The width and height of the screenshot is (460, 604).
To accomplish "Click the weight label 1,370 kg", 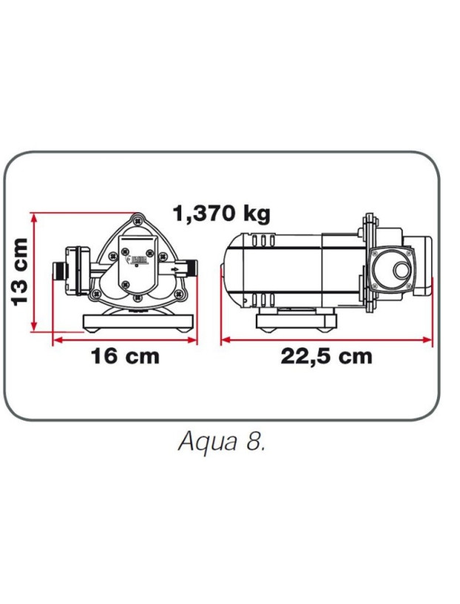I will (x=221, y=214).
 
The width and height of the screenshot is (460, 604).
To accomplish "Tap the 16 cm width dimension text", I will (x=125, y=356).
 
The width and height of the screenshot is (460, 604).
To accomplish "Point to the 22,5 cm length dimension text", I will (x=326, y=356).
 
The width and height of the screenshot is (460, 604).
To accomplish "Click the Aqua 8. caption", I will (x=222, y=441).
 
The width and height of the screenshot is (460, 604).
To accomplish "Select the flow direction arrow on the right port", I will (x=174, y=270).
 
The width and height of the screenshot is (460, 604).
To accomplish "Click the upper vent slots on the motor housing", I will (x=265, y=241).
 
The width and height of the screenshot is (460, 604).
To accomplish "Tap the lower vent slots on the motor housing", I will (x=265, y=301).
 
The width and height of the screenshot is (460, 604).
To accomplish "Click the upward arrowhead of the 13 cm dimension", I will (x=33, y=216).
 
